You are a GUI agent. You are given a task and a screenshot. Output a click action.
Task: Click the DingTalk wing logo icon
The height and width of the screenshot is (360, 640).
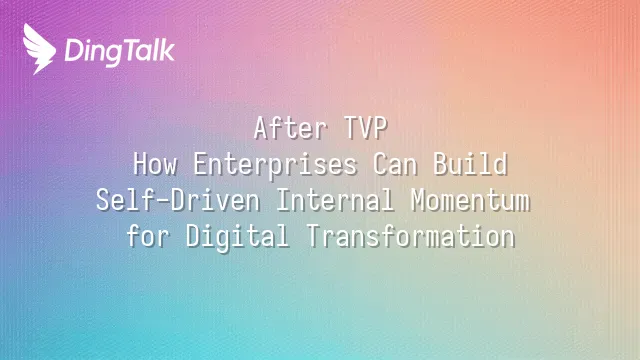point(39,49)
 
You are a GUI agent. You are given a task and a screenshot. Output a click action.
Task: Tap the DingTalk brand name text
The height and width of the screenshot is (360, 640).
point(120,51)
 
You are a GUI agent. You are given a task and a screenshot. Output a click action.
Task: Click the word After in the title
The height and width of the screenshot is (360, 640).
point(290,128)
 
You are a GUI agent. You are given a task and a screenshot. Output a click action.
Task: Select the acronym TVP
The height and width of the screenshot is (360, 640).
point(365,128)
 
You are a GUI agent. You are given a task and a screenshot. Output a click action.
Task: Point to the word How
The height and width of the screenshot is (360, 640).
point(155,164)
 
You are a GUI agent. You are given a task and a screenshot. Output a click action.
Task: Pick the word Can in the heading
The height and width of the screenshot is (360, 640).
point(395,164)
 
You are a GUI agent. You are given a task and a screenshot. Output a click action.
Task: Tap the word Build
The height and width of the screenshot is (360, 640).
point(470,164)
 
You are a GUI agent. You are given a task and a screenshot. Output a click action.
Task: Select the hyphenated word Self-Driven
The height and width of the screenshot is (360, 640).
point(178,200)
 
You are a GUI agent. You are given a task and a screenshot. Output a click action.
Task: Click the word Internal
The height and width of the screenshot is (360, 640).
point(335,200)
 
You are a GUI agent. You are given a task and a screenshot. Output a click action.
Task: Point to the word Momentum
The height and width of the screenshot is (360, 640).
point(470,200)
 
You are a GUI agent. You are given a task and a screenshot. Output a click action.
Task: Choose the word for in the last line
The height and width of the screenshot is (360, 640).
point(147,236)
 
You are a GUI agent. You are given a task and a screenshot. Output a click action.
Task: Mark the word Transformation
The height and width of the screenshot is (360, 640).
point(411,236)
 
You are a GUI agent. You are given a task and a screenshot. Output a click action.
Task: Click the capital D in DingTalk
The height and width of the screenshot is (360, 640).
point(74,51)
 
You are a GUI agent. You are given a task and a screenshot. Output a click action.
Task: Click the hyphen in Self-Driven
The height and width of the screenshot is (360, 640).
point(163,202)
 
